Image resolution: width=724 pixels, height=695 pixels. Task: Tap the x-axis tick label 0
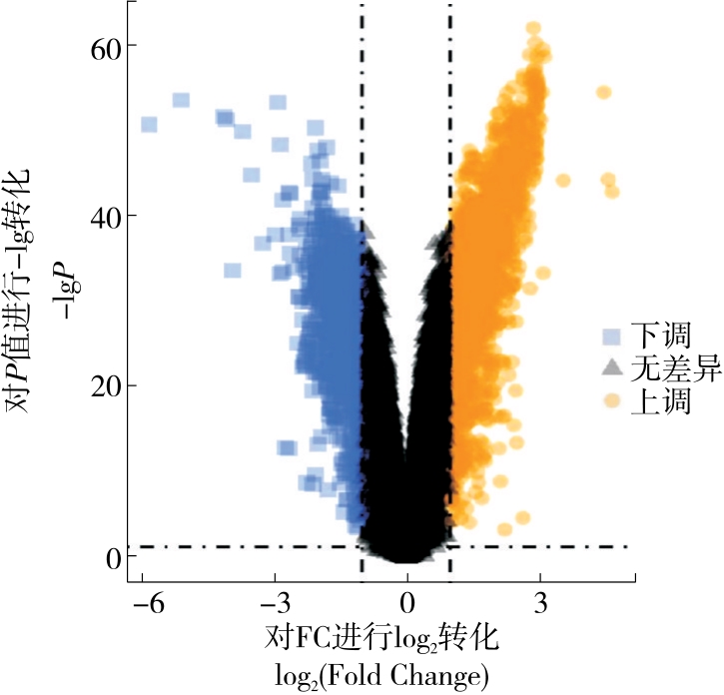point(407,603)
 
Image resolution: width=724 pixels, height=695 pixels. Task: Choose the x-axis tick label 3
point(540,603)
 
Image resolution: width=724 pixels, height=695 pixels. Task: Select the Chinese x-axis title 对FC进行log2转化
point(381,637)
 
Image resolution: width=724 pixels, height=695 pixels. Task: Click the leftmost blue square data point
point(149,125)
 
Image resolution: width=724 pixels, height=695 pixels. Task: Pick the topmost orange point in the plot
point(533,29)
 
